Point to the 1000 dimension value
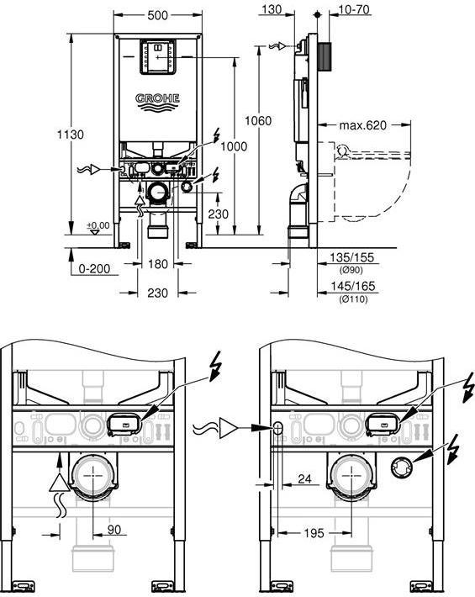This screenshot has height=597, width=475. [x=235, y=146]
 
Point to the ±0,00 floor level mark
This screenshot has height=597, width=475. [x=98, y=225]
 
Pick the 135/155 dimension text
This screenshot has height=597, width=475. [x=353, y=259]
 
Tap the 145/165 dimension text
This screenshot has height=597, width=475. [x=353, y=287]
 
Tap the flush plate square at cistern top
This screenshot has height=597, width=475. [x=157, y=57]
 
